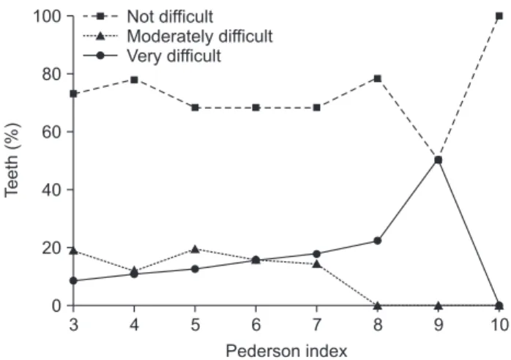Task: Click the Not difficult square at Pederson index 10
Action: coord(499,16)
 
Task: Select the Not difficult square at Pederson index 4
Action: coord(134,80)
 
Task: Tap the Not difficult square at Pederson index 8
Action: coord(377,78)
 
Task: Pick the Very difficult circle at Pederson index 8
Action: coord(377,241)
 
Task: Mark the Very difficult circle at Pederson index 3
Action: coord(74,281)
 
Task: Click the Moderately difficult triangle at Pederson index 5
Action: coord(195,250)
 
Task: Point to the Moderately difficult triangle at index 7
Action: coord(316,264)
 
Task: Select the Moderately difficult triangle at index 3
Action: coord(74,250)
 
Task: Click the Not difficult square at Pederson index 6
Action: coord(255,108)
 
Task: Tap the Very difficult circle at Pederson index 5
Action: coord(195,269)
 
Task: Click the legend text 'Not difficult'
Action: coord(170,17)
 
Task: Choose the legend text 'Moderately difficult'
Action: coord(200,36)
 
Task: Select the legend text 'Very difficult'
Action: coord(174,56)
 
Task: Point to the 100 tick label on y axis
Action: coord(48,16)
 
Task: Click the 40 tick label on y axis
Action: coord(51,190)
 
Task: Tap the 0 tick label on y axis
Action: coord(56,306)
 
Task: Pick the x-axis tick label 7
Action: coord(316,325)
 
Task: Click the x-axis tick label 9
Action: coord(439,325)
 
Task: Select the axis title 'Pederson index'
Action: coord(286,351)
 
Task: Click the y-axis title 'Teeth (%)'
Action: coord(12,160)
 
